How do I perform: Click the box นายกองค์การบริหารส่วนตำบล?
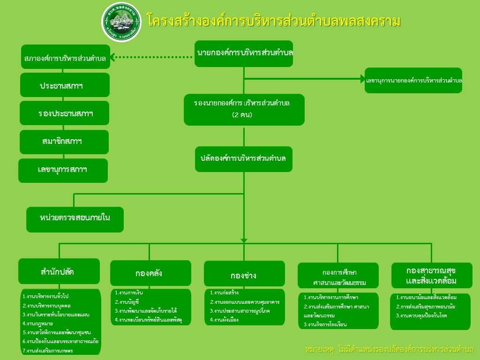[x=244, y=54]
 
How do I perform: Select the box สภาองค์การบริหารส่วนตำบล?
[x=65, y=59]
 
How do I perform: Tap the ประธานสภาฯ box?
[x=65, y=85]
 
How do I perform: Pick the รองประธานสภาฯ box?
[x=64, y=113]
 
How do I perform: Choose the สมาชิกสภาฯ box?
[x=64, y=142]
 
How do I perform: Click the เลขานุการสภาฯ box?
[x=63, y=170]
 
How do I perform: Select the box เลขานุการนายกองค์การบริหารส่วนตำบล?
[x=413, y=80]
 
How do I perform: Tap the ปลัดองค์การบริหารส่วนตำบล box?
[x=243, y=159]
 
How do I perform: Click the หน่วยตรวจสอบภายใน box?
[x=75, y=219]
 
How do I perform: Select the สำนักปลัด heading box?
[x=59, y=271]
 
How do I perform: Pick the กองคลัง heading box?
[x=150, y=273]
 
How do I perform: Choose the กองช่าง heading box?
[x=244, y=274]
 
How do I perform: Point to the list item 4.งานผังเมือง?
[x=225, y=320]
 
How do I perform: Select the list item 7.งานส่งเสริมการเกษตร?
[x=47, y=350]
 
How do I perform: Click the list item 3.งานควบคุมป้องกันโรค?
[x=421, y=315]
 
